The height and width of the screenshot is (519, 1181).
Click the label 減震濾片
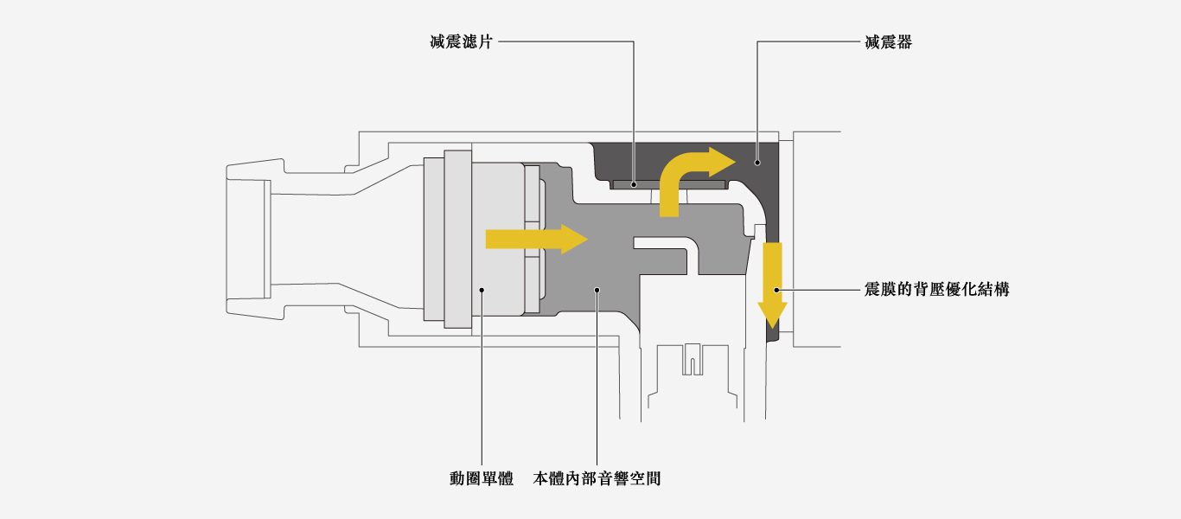click(x=461, y=42)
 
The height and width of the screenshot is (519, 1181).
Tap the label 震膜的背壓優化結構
click(x=936, y=290)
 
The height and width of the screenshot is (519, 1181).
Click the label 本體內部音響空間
click(x=597, y=477)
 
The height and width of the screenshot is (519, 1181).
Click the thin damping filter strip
click(x=668, y=184)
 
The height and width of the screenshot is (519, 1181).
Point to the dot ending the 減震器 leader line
click(x=757, y=162)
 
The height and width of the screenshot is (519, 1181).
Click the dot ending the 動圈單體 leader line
click(x=482, y=290)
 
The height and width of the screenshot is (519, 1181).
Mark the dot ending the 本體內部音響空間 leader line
click(x=597, y=290)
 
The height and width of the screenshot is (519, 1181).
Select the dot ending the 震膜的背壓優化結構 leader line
click(x=777, y=290)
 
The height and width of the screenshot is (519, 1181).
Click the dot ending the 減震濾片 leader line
click(x=634, y=183)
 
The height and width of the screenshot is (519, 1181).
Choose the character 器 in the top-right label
click(x=903, y=42)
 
